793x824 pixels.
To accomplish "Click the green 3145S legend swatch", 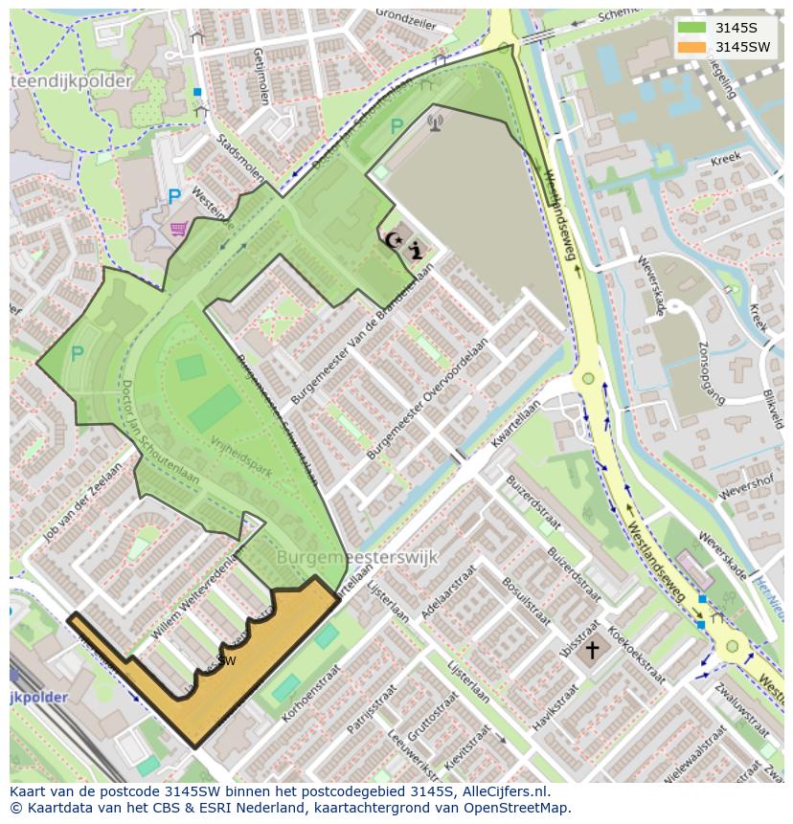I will pyautogui.click(x=691, y=27).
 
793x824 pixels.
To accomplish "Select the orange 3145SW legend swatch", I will pyautogui.click(x=691, y=47).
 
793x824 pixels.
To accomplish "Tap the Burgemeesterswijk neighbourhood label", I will pyautogui.click(x=356, y=556).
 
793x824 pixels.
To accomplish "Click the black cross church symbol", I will pyautogui.click(x=592, y=651).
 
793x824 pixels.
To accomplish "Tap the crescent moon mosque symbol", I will pyautogui.click(x=392, y=241).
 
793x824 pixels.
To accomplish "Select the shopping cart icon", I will pyautogui.click(x=177, y=228).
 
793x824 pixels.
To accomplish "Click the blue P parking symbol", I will pyautogui.click(x=173, y=198).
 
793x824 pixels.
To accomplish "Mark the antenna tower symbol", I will pyautogui.click(x=435, y=122).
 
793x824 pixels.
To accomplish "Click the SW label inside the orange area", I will pyautogui.click(x=226, y=660).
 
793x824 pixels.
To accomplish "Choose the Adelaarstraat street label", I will pyautogui.click(x=454, y=592).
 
